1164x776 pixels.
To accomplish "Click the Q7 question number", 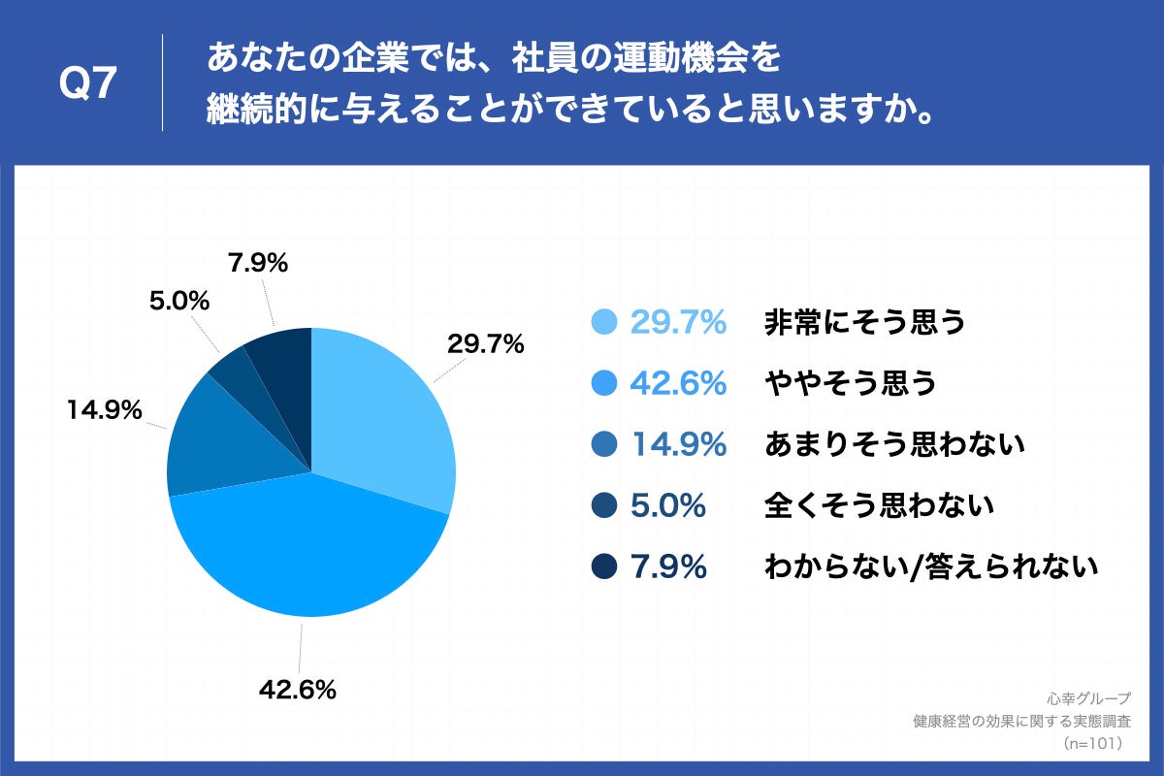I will tap(88, 84).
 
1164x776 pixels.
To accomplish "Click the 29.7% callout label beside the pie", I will tap(485, 343).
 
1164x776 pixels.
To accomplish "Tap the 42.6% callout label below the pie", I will tap(297, 690).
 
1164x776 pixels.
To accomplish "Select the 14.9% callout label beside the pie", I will tap(105, 410).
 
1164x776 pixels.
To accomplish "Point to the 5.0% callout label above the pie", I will tap(179, 301).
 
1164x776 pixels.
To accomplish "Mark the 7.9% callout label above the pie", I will tap(258, 263).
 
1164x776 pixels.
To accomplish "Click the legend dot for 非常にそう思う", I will tap(604, 322).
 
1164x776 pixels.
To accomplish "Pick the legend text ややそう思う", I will tap(851, 384).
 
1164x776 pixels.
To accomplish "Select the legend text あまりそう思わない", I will tap(894, 445).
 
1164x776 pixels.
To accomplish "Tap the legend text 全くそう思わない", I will tap(880, 505).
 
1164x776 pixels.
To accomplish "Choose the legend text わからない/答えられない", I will tap(931, 566).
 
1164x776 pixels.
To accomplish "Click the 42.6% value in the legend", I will tap(678, 384).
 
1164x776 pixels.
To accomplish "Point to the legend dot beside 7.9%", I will tap(604, 566).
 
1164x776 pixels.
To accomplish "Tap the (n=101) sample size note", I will tap(1091, 743).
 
